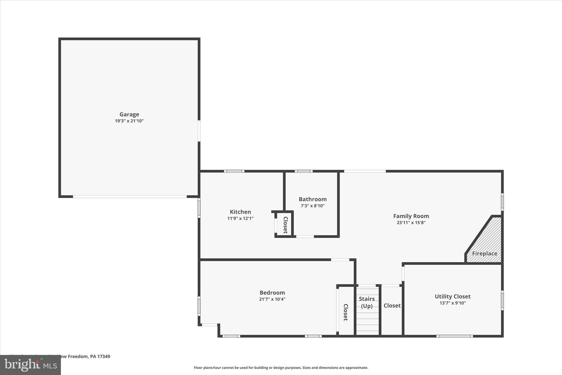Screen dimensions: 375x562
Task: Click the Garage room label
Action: point(129,114)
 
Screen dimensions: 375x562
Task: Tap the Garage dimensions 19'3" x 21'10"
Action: point(129,121)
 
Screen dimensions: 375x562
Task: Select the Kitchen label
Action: point(240,212)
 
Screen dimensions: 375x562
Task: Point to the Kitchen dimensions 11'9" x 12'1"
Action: point(240,218)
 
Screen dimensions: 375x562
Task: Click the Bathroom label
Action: point(313,199)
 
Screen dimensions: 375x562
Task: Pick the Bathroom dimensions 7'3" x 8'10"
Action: point(313,206)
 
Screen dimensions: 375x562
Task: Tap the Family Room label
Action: point(411,216)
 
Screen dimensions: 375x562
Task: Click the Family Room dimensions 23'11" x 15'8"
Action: point(411,223)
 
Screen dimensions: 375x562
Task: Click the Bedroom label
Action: point(272,293)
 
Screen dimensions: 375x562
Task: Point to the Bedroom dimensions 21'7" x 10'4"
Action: point(272,299)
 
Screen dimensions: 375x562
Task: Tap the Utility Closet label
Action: point(453,296)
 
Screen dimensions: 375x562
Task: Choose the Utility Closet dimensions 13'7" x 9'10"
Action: point(453,303)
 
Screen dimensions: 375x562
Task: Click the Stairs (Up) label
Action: point(367,302)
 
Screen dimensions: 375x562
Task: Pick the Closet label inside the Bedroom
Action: point(346,312)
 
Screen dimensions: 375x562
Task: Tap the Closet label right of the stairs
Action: point(392,305)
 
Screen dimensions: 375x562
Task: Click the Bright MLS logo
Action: point(30,365)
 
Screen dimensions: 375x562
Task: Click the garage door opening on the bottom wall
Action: point(130,197)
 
